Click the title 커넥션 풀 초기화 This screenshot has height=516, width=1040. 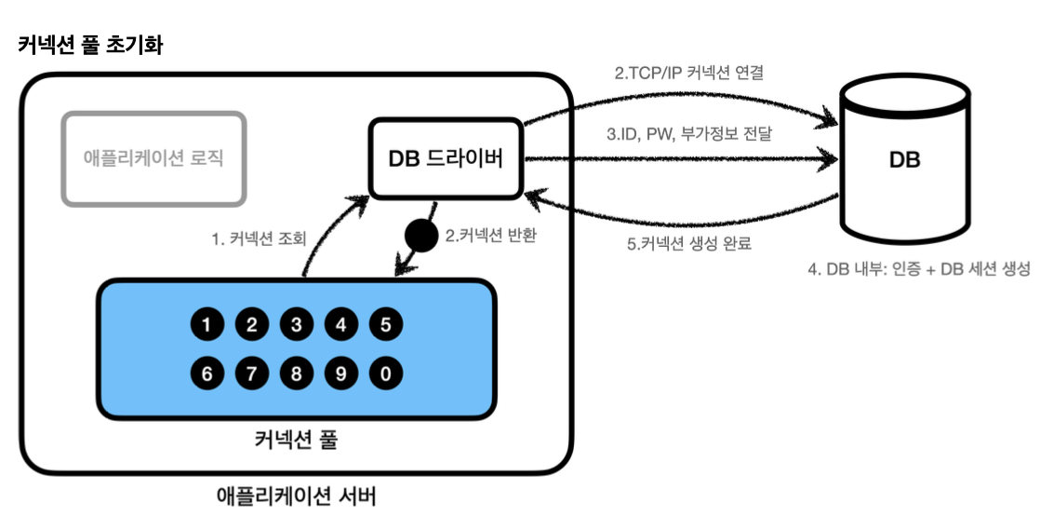[x=90, y=46]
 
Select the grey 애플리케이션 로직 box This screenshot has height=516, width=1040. [x=153, y=158]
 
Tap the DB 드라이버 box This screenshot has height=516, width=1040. [x=447, y=158]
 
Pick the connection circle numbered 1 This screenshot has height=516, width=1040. [x=207, y=325]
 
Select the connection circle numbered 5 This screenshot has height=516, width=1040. [x=385, y=325]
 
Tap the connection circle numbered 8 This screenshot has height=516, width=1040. [x=297, y=373]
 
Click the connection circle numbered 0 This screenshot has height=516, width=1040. [x=385, y=373]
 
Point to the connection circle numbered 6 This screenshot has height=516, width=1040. [x=207, y=373]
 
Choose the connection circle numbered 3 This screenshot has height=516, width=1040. [x=297, y=325]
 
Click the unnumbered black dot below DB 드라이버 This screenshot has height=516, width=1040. [x=421, y=236]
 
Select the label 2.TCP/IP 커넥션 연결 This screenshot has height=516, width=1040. [x=688, y=73]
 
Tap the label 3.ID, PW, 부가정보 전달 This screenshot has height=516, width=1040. [x=689, y=133]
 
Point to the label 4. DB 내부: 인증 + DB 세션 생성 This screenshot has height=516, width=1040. [x=919, y=269]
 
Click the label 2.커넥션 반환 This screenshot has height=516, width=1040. [x=489, y=236]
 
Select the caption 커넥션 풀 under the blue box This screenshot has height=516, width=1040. [x=296, y=441]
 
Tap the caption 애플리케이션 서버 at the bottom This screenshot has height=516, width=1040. [x=296, y=496]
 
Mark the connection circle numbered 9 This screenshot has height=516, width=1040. [x=340, y=373]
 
